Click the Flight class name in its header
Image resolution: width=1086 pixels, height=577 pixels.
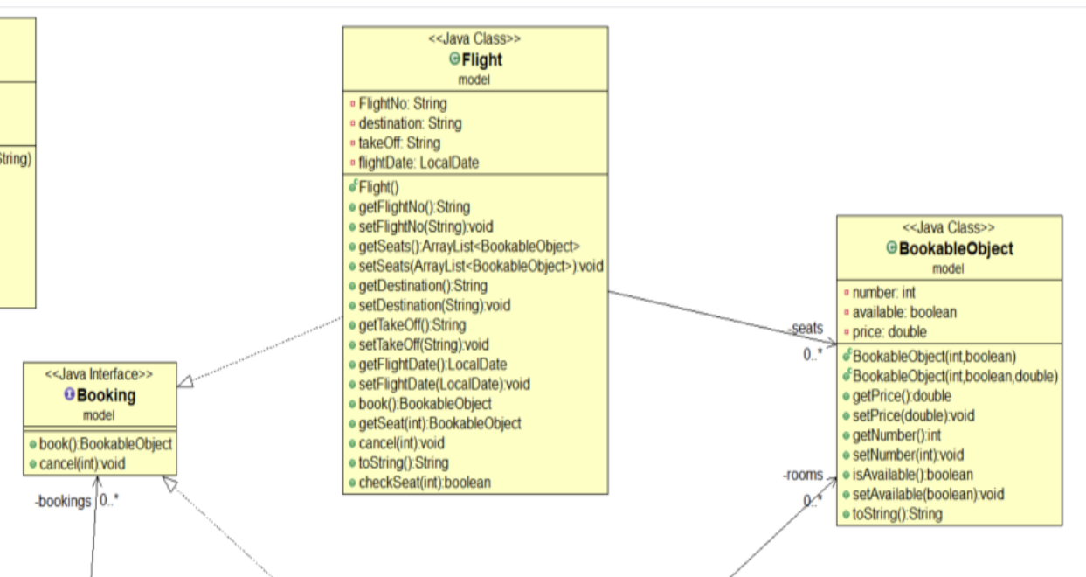pyautogui.click(x=481, y=60)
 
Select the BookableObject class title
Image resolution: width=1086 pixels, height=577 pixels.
pyautogui.click(x=956, y=249)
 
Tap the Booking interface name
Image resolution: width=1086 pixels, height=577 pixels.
pyautogui.click(x=106, y=395)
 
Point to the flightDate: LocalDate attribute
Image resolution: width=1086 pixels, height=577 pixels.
pyautogui.click(x=418, y=163)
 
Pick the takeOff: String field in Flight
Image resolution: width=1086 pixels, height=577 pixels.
pyautogui.click(x=399, y=143)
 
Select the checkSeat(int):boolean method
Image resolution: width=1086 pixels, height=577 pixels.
pyautogui.click(x=424, y=482)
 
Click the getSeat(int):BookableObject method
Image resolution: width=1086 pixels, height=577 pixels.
pyautogui.click(x=439, y=423)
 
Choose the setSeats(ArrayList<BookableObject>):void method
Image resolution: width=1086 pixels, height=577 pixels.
pyautogui.click(x=481, y=266)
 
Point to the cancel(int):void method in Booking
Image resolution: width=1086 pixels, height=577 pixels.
pyautogui.click(x=82, y=463)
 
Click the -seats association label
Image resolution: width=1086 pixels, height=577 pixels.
pyautogui.click(x=806, y=328)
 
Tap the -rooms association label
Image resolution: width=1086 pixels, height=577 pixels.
pyautogui.click(x=803, y=476)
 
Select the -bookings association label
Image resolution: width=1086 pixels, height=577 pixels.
pyautogui.click(x=63, y=502)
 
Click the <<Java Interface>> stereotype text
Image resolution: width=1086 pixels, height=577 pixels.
pyautogui.click(x=99, y=374)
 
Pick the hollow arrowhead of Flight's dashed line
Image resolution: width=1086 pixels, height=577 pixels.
pyautogui.click(x=185, y=381)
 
